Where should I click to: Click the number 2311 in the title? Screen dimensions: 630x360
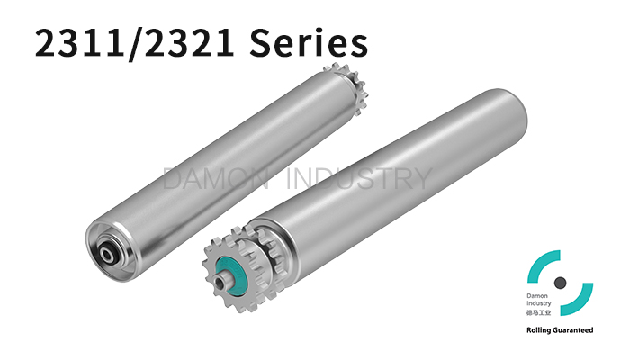click(80, 42)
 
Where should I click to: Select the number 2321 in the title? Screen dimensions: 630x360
click(188, 42)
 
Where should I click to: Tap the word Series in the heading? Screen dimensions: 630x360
click(308, 42)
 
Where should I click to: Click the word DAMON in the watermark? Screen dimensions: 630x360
click(216, 178)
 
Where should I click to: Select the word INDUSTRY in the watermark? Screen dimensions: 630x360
click(359, 178)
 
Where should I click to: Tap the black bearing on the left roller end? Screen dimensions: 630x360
click(108, 253)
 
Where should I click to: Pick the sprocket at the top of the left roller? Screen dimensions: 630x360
click(346, 88)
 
